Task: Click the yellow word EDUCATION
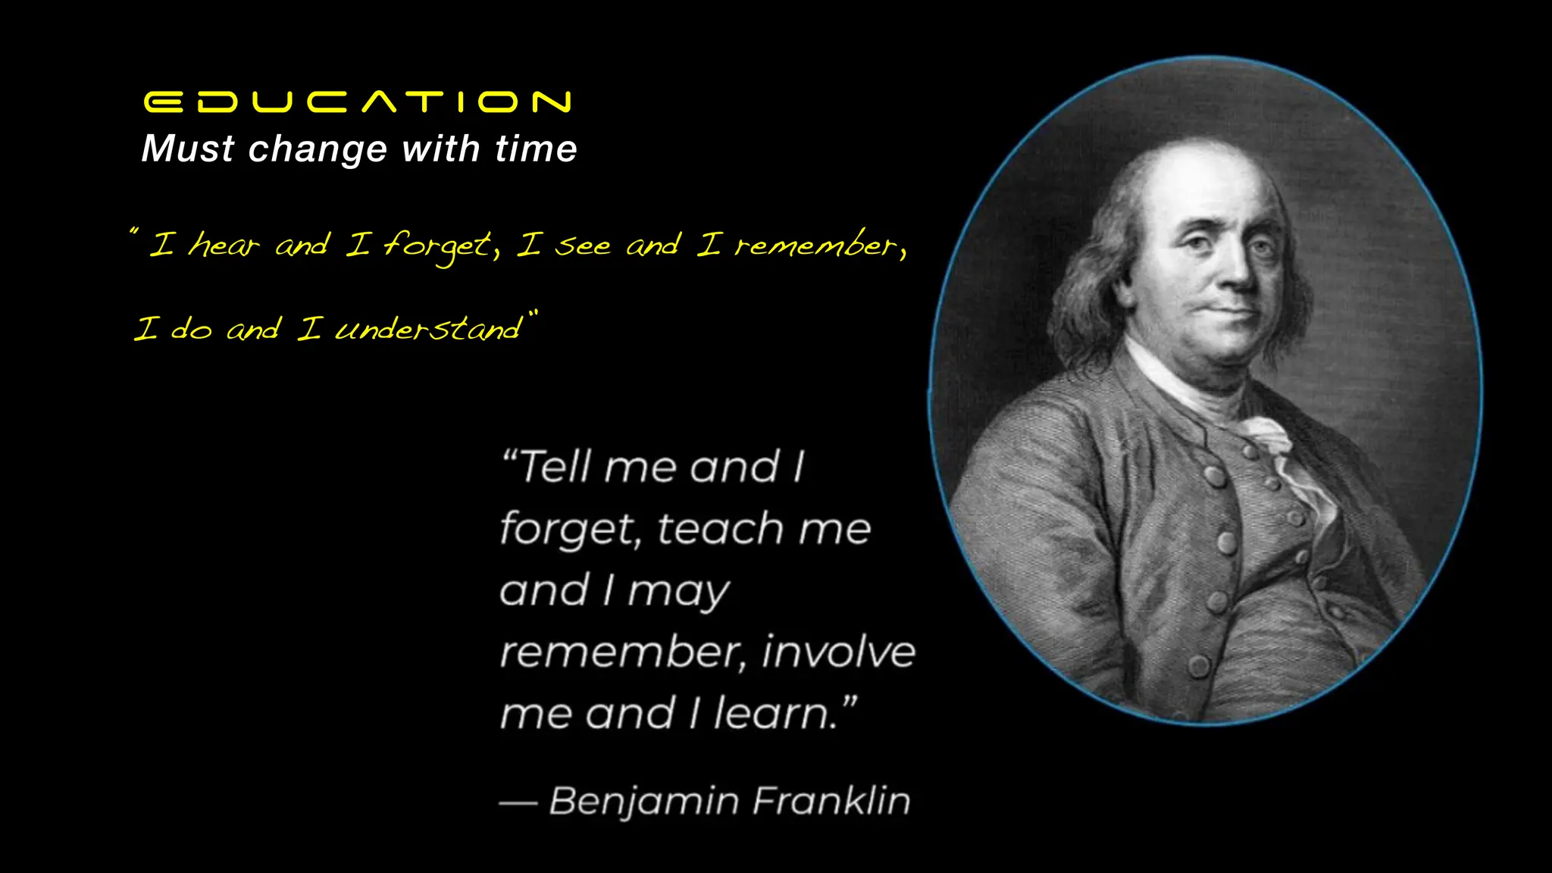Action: pyautogui.click(x=357, y=102)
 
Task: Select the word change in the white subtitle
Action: pyautogui.click(x=318, y=149)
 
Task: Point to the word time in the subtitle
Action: pyautogui.click(x=536, y=149)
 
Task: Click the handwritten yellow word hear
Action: pyautogui.click(x=224, y=245)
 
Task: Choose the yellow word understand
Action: pyautogui.click(x=429, y=329)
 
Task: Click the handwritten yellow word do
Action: pyautogui.click(x=191, y=329)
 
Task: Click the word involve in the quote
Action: pyautogui.click(x=839, y=652)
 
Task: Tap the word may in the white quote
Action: pyautogui.click(x=678, y=591)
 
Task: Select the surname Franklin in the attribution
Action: pyautogui.click(x=831, y=800)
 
